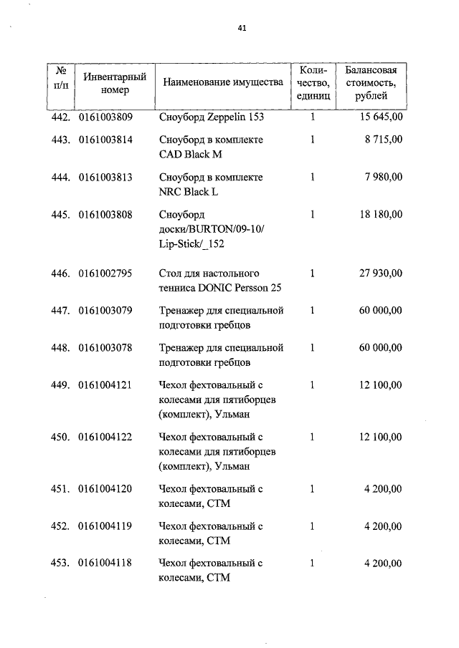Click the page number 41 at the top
point(242,29)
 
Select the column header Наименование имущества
point(223,82)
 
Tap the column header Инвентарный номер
point(115,83)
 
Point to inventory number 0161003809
point(105,117)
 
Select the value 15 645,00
point(379,117)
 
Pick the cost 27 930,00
point(379,274)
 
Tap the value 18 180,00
point(379,214)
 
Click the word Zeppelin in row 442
point(226,117)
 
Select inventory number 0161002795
point(105,274)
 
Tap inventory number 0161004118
point(105,564)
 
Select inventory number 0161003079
point(105,311)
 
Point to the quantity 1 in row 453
point(312,564)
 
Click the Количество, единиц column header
point(313,82)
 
